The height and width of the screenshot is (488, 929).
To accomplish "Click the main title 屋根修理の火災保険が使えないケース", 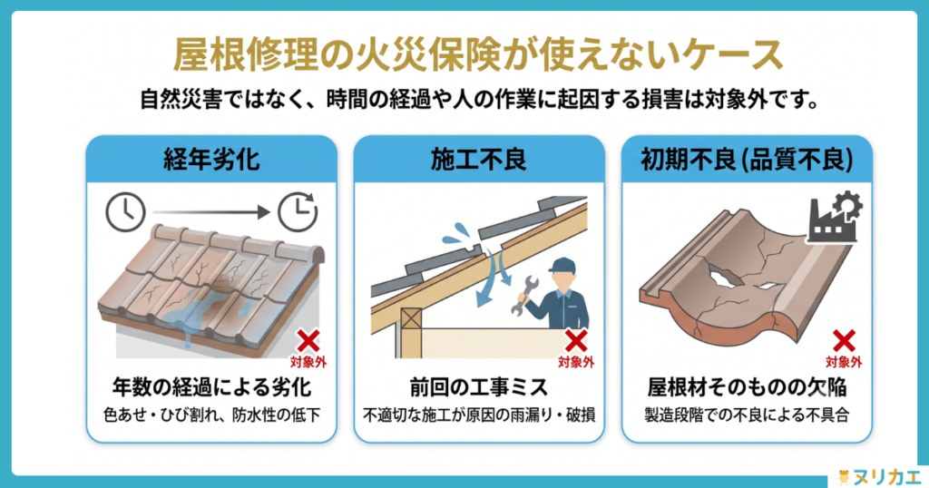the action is [x=478, y=55].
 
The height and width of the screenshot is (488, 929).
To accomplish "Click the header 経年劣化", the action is [x=211, y=160].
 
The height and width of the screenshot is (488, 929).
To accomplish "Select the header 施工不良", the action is [x=479, y=160].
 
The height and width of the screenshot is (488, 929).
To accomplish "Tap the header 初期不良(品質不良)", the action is [x=747, y=160].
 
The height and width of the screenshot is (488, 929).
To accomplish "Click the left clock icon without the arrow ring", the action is [x=125, y=211].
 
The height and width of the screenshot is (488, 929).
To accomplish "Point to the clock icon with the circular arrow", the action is [x=298, y=211].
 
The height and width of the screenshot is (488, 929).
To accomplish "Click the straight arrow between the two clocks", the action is [x=211, y=211].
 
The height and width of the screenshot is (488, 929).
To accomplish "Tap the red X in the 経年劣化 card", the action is [x=308, y=341].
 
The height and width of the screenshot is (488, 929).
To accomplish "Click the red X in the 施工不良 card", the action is [x=576, y=341].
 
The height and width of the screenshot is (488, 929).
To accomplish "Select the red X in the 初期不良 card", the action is [x=844, y=341].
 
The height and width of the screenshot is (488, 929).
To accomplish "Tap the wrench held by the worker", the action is [x=521, y=294].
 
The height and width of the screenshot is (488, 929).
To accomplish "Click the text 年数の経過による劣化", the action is [x=211, y=387].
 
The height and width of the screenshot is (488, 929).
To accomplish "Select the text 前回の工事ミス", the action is [x=479, y=387].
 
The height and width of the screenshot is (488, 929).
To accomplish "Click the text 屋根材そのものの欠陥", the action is [x=747, y=387].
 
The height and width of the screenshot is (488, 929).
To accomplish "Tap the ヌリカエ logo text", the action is [x=886, y=476].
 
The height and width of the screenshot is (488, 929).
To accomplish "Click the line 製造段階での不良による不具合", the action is [x=747, y=415].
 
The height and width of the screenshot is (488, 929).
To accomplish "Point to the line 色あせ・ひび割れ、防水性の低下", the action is [x=211, y=415].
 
